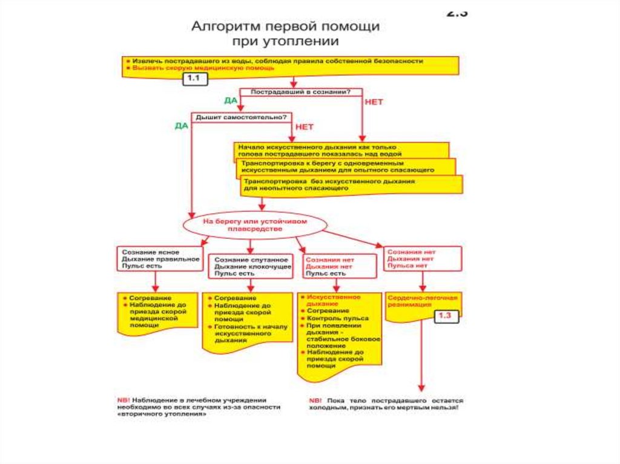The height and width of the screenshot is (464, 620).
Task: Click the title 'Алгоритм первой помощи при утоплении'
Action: click(x=285, y=34)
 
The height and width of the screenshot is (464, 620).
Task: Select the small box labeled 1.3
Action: click(x=445, y=315)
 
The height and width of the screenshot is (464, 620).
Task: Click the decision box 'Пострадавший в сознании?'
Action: click(x=301, y=93)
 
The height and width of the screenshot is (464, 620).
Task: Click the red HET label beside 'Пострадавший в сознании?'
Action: click(x=374, y=102)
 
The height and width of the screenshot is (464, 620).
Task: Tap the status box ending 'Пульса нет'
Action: click(x=423, y=258)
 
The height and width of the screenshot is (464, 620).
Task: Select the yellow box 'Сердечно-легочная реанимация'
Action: click(x=423, y=302)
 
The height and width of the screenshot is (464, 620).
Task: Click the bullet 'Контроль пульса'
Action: click(x=337, y=318)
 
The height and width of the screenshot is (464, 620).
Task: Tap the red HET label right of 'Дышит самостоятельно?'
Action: click(x=304, y=127)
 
